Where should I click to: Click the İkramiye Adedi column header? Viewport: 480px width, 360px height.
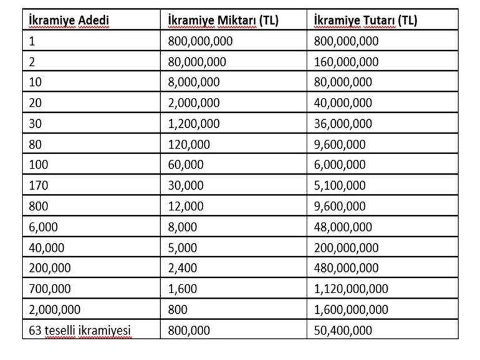point(69,21)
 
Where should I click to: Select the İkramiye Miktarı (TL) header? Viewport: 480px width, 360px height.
point(223,21)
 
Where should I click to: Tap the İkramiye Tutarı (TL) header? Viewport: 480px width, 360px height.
point(366,21)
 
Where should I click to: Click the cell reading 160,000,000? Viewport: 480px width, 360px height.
point(348,62)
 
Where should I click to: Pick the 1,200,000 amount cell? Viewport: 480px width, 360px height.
point(194,124)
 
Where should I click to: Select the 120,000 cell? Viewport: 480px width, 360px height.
point(189,144)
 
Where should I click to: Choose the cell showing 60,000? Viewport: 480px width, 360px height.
point(186,165)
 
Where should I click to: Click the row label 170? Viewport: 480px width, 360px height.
point(38,185)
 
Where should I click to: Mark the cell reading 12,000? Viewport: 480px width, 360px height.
point(186,206)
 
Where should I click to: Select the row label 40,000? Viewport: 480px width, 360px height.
point(47,247)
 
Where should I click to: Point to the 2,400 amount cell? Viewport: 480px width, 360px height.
point(183,268)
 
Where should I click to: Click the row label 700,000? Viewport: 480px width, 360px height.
point(50,288)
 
